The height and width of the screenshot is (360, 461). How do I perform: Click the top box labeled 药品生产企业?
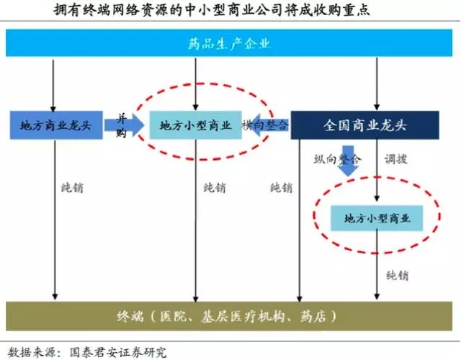pos(230,44)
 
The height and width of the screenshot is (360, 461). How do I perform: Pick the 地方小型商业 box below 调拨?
pos(377,217)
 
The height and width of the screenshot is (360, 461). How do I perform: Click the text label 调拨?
pos(395,158)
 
